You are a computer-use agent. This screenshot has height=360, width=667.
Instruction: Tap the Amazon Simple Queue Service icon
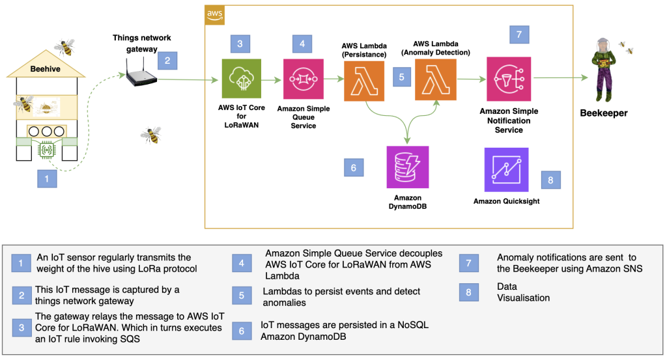(303, 79)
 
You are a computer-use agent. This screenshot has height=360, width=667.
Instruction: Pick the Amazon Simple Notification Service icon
(509, 79)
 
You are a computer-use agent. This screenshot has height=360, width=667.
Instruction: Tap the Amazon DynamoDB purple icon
(406, 167)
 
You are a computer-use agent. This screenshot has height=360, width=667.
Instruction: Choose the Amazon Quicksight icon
(506, 169)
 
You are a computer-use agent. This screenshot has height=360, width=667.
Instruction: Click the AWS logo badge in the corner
(214, 14)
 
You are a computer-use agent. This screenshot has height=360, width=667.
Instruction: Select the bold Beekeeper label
(604, 113)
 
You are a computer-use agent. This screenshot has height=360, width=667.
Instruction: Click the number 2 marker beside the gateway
(167, 61)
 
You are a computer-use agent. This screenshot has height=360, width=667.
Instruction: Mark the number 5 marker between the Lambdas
(402, 77)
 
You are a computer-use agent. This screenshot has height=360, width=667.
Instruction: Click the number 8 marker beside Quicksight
(550, 180)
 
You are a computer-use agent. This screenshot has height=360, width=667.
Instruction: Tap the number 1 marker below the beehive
(46, 178)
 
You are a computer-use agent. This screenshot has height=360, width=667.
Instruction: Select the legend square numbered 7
(468, 262)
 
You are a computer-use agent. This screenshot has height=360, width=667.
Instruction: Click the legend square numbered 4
(241, 263)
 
